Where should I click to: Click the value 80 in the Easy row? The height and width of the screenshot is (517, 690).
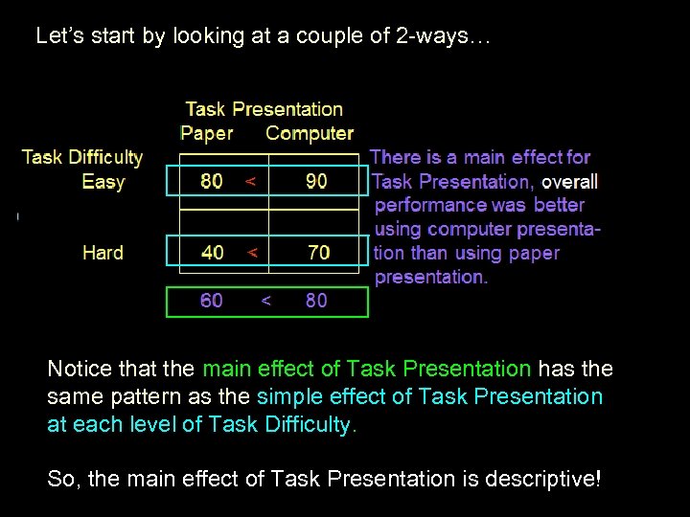(x=212, y=182)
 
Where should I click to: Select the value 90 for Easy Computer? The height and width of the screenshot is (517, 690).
(x=315, y=182)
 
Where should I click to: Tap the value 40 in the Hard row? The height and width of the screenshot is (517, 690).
(x=212, y=253)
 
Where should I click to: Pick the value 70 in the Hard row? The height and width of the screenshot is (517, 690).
(x=318, y=253)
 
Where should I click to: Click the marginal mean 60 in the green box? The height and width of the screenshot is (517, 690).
(x=212, y=301)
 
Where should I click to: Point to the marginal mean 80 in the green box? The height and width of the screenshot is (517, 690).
(x=316, y=301)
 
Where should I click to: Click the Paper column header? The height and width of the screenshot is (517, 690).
(x=207, y=134)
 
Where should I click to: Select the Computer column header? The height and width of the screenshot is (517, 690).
(x=310, y=134)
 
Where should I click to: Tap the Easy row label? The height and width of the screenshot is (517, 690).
(x=103, y=182)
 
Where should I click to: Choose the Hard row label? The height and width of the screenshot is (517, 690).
(x=103, y=253)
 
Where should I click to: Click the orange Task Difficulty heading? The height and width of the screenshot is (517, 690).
(x=81, y=157)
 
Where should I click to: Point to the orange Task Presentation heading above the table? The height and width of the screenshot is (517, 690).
(x=264, y=109)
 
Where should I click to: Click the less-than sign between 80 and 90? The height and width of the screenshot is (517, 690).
(x=250, y=182)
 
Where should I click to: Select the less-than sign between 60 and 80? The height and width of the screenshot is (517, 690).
(x=265, y=301)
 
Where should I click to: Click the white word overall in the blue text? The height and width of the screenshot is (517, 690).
(x=569, y=181)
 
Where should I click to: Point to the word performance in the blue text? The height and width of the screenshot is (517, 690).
(x=430, y=205)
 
